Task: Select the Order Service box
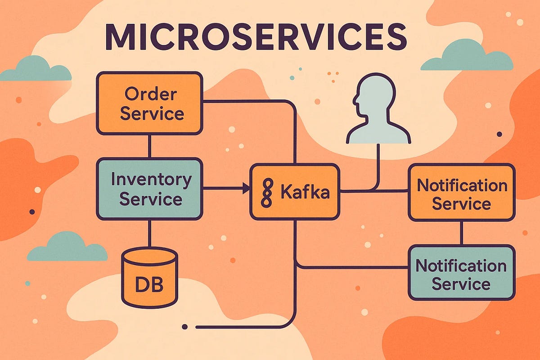pyautogui.click(x=149, y=103)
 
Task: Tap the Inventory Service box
pyautogui.click(x=149, y=189)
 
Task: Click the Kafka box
pyautogui.click(x=295, y=192)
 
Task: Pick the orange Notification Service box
pyautogui.click(x=461, y=193)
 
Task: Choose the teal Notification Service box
pyautogui.click(x=461, y=273)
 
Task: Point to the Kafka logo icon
pyautogui.click(x=267, y=193)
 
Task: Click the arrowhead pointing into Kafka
pyautogui.click(x=246, y=189)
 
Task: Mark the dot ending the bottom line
pyautogui.click(x=184, y=326)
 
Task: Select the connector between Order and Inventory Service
pyautogui.click(x=149, y=146)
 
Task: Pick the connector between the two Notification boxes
pyautogui.click(x=461, y=233)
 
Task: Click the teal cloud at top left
pyautogui.click(x=36, y=70)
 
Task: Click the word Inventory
pyautogui.click(x=151, y=180)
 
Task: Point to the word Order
pyautogui.click(x=151, y=94)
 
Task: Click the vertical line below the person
pyautogui.click(x=377, y=166)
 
